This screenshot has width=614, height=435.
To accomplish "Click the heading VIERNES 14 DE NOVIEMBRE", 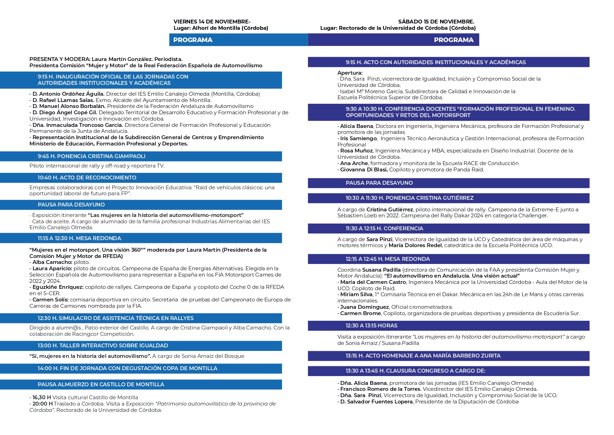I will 212,22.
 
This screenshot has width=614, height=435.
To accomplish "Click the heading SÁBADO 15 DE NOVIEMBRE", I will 436,22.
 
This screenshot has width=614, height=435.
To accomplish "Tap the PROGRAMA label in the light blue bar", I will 193,40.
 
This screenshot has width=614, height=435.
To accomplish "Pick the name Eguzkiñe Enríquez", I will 58,287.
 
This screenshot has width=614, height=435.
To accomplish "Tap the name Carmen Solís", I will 50,300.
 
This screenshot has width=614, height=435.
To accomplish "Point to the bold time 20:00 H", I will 42,404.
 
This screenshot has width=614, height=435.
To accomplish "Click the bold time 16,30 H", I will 42,397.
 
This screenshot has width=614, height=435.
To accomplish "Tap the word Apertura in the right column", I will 350,73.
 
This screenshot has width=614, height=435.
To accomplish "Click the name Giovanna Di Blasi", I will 364,170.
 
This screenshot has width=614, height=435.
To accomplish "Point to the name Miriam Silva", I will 356,294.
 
